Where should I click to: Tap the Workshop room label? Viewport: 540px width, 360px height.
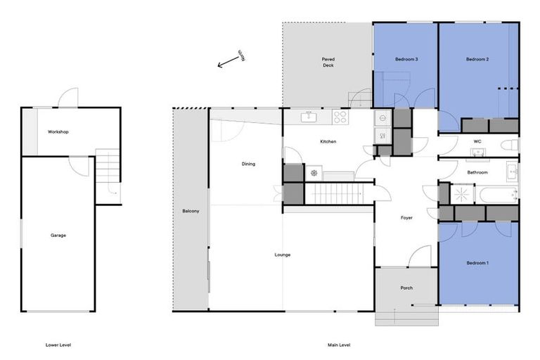tap(58, 132)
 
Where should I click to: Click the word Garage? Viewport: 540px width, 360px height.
tap(58, 235)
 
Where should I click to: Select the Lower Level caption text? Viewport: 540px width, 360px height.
tap(58, 345)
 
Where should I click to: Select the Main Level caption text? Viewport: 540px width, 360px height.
tap(339, 345)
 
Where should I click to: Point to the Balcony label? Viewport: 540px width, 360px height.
tap(191, 211)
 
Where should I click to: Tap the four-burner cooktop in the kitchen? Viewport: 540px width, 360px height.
tap(340, 117)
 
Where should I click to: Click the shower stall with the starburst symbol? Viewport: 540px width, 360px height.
tap(462, 194)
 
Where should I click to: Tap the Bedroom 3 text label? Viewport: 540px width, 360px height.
tap(406, 60)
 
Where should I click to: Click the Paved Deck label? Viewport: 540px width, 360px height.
tap(328, 62)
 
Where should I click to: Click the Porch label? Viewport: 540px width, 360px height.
tap(406, 288)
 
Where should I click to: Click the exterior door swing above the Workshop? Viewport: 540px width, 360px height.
tap(68, 97)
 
